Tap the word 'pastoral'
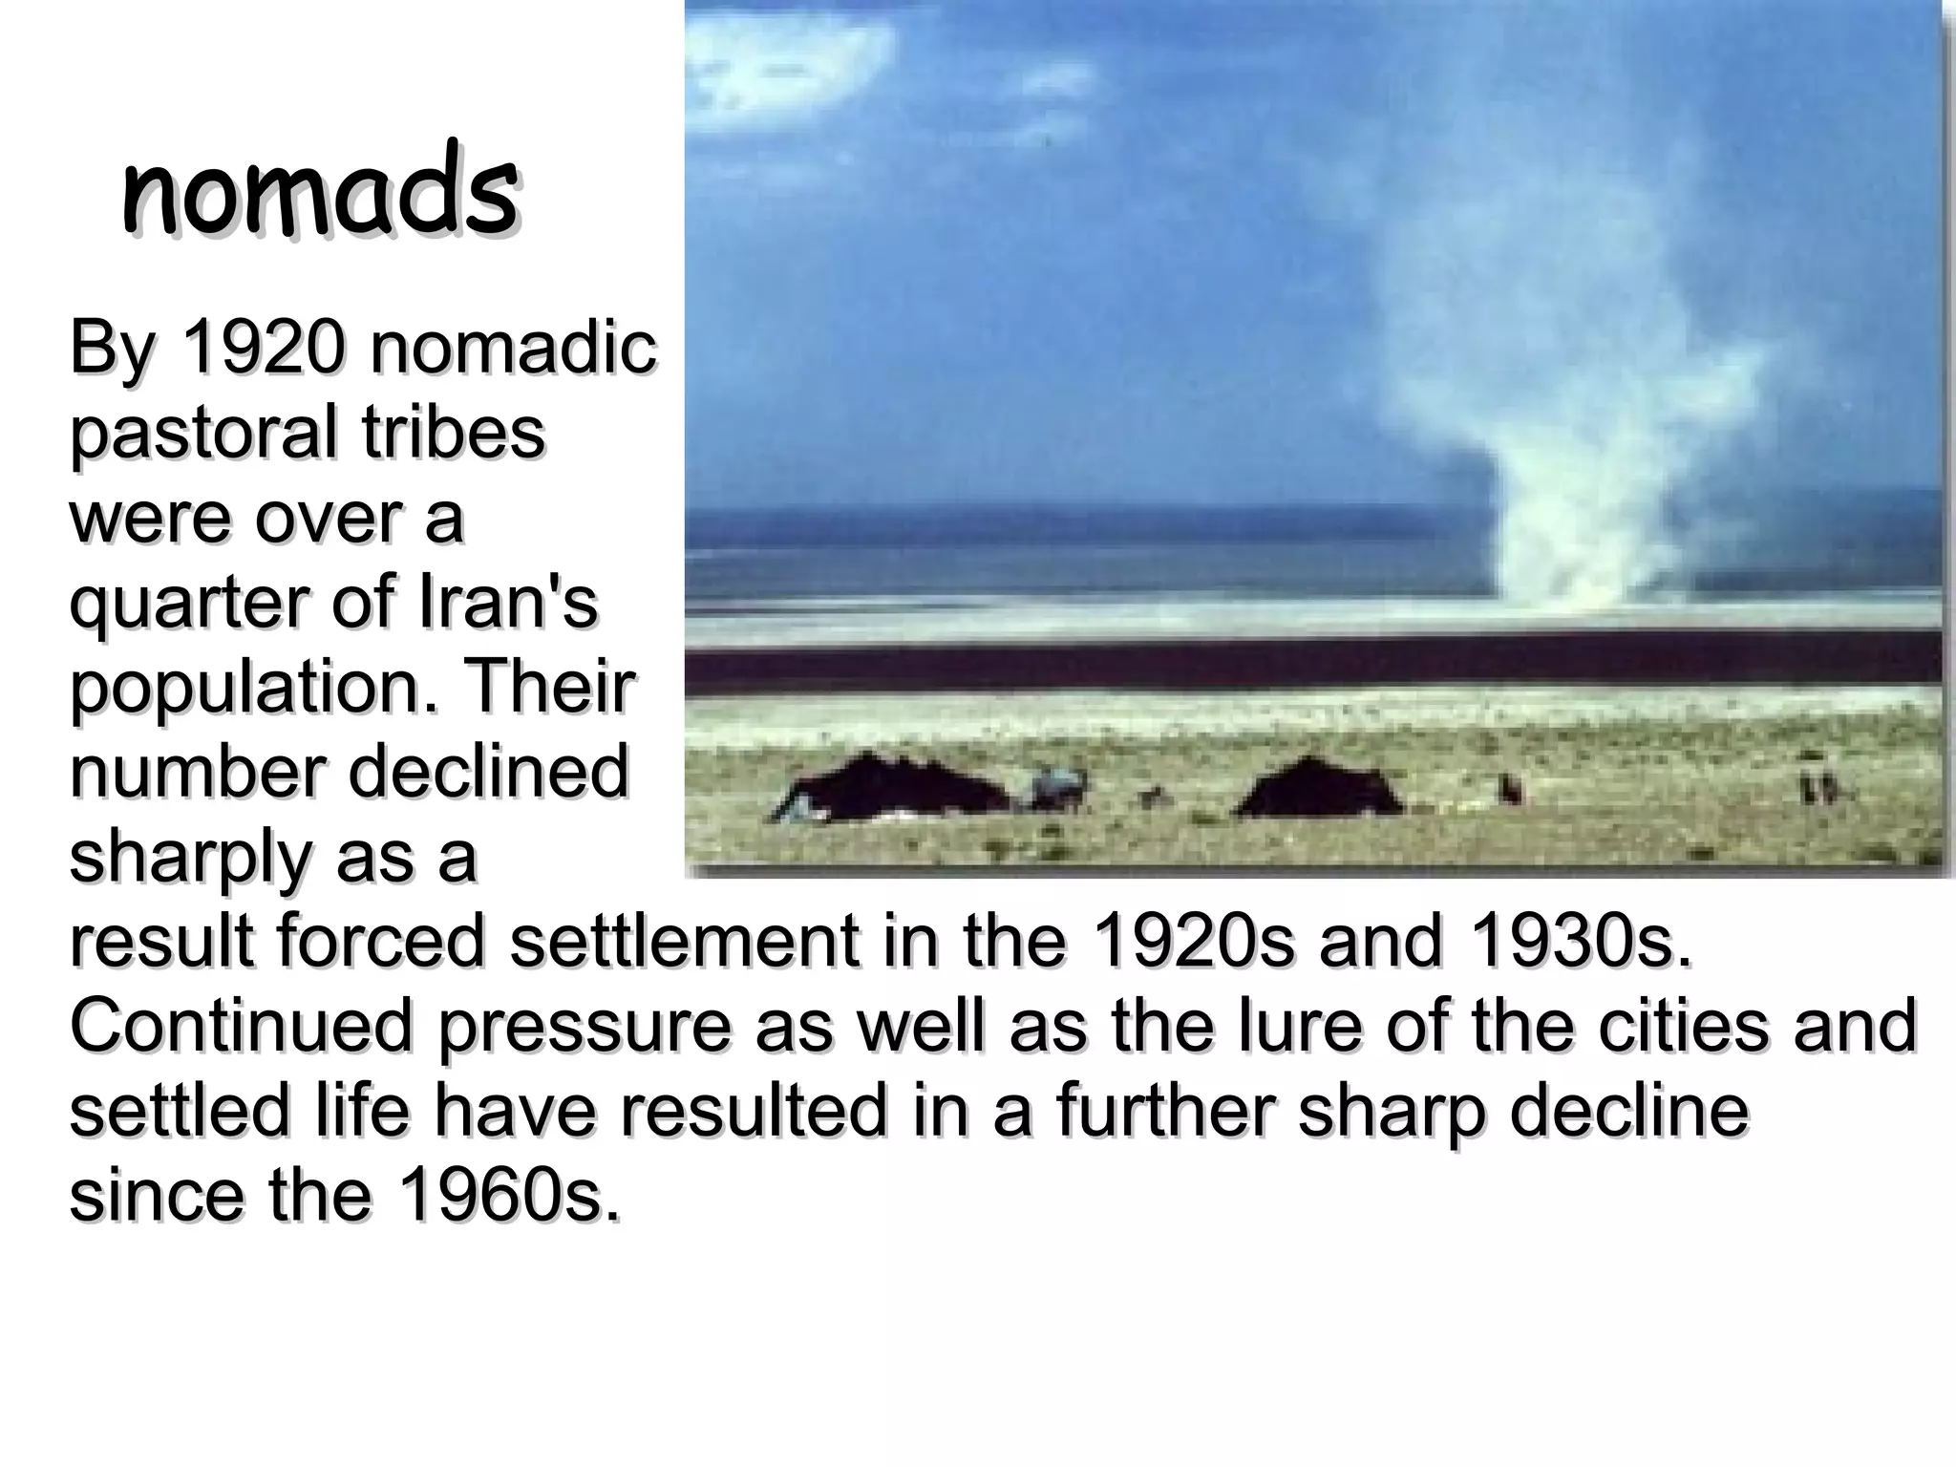(x=203, y=435)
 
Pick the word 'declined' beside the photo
(x=488, y=772)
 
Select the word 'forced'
(x=382, y=941)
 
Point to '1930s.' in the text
(x=1582, y=941)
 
